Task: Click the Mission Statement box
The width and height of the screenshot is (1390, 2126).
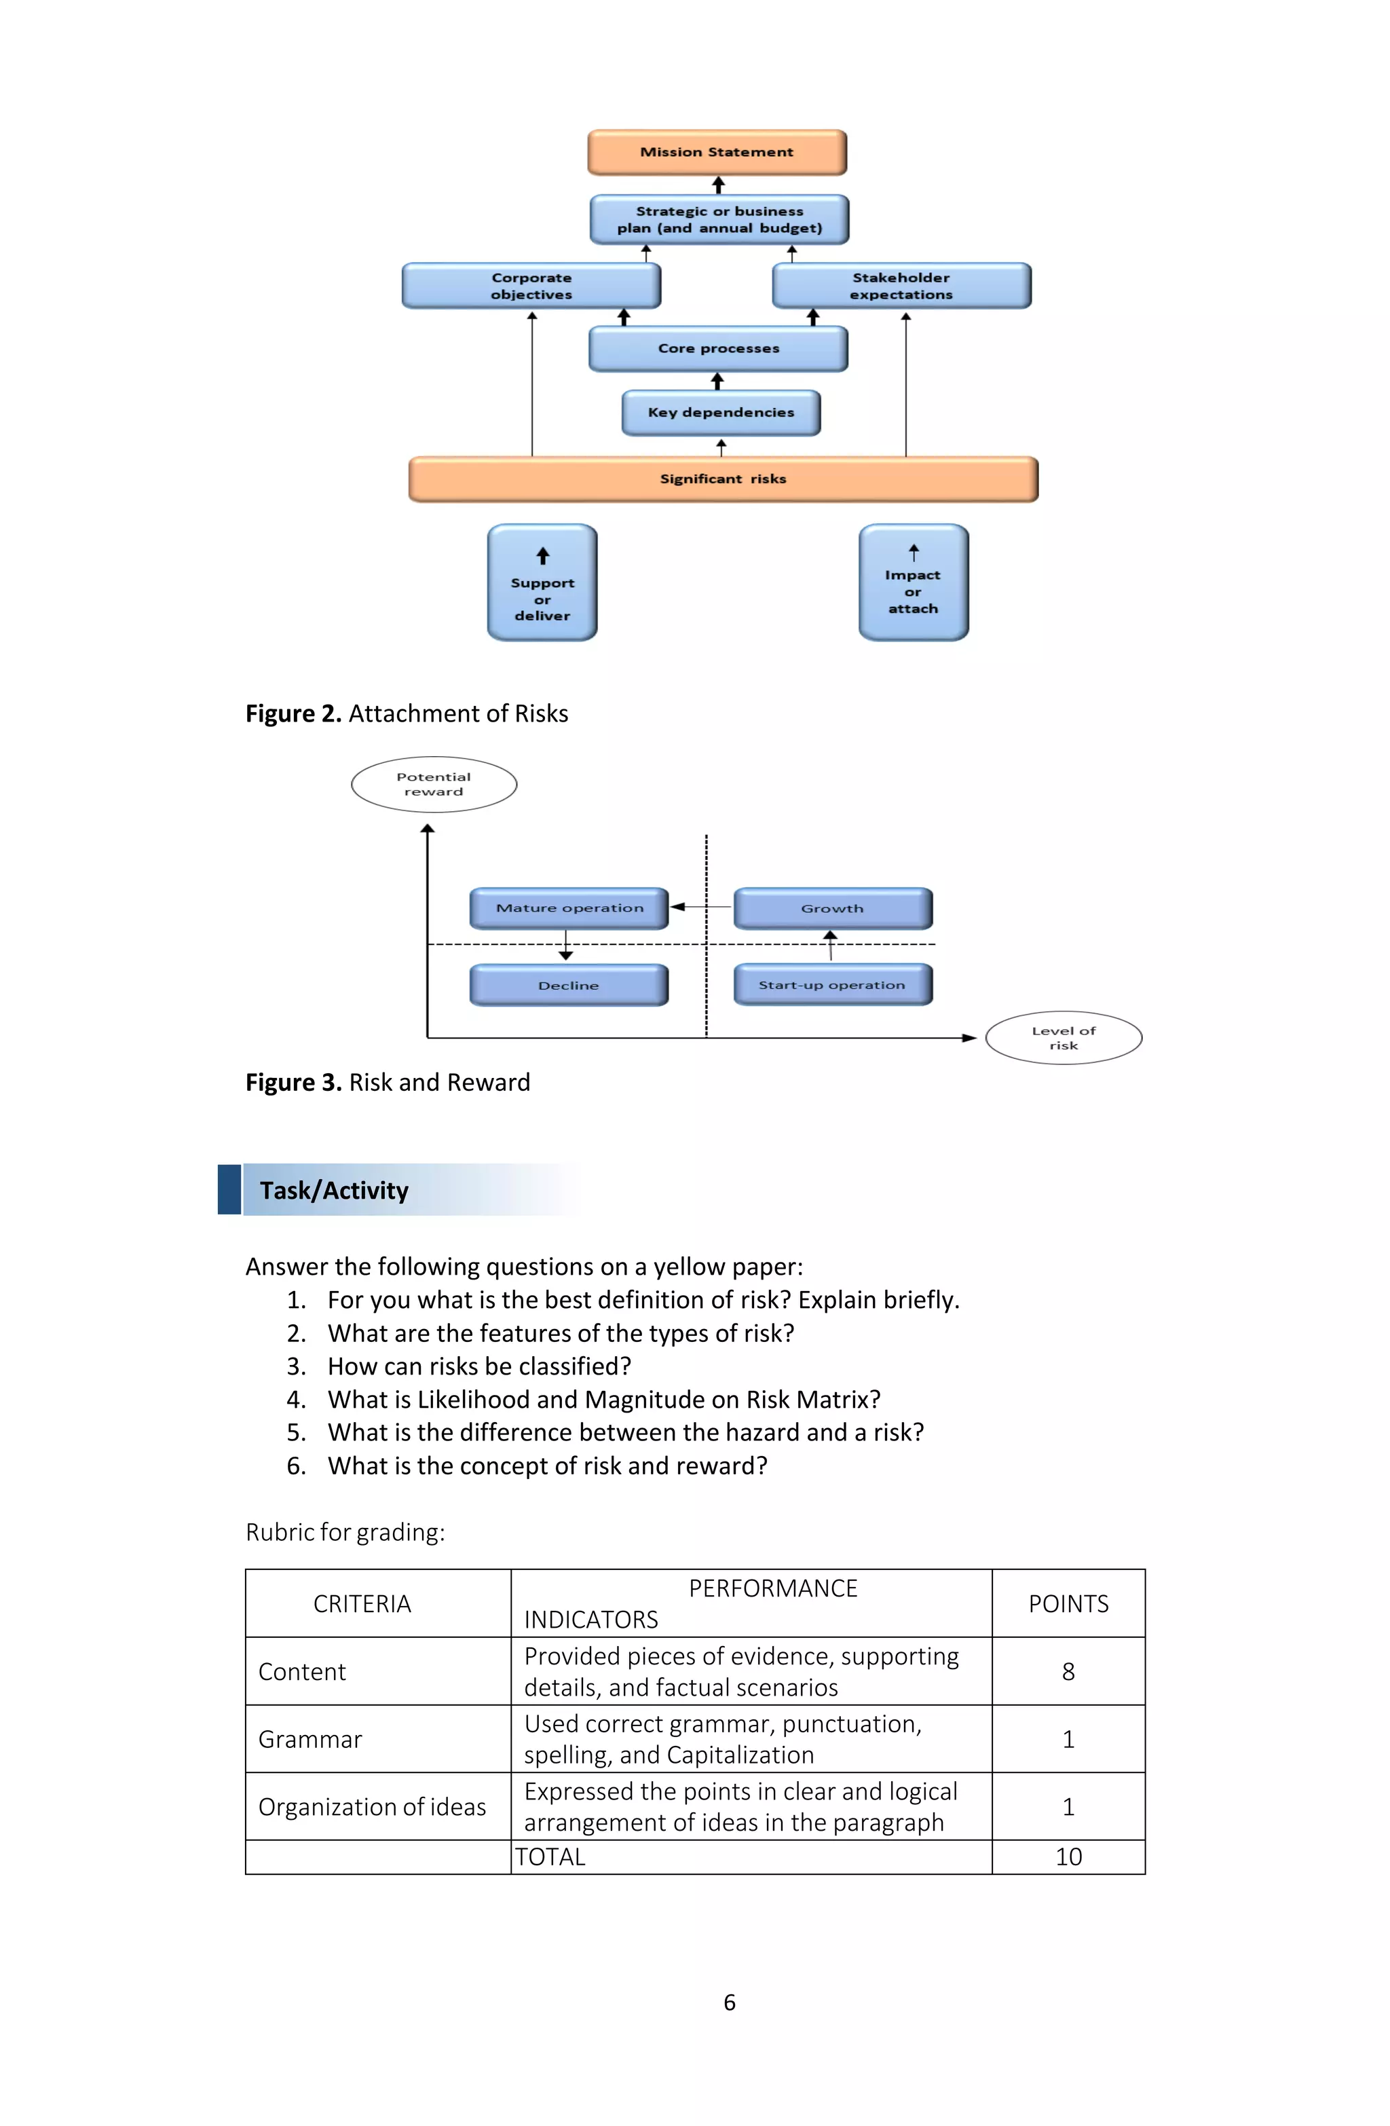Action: coord(717,152)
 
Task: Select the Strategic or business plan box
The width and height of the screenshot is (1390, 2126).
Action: coord(719,220)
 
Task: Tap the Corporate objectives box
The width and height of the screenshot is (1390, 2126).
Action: coord(531,286)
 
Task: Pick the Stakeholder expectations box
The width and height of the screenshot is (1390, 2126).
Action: coord(901,286)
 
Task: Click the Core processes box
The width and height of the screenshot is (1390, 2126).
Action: coord(718,348)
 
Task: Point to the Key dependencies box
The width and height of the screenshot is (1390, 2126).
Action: coord(720,413)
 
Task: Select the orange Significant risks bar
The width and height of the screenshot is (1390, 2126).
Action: coord(723,479)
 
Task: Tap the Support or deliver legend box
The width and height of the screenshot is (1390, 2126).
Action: coord(542,583)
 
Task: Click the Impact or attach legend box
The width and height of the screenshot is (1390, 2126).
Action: coord(913,583)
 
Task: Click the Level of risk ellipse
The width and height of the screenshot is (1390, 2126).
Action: coord(1063,1038)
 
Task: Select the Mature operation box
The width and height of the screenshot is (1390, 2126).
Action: coord(569,908)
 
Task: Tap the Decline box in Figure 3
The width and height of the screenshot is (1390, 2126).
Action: coord(569,986)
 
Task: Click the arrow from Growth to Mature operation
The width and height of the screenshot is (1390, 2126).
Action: coord(700,907)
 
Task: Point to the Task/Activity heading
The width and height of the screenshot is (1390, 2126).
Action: coord(334,1191)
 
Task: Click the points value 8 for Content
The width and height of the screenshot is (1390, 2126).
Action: coord(1068,1671)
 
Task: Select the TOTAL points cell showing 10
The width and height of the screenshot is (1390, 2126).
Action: coord(1068,1857)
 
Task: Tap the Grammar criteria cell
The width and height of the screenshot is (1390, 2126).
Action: coord(310,1739)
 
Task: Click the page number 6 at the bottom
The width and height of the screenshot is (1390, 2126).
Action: coord(729,2002)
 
